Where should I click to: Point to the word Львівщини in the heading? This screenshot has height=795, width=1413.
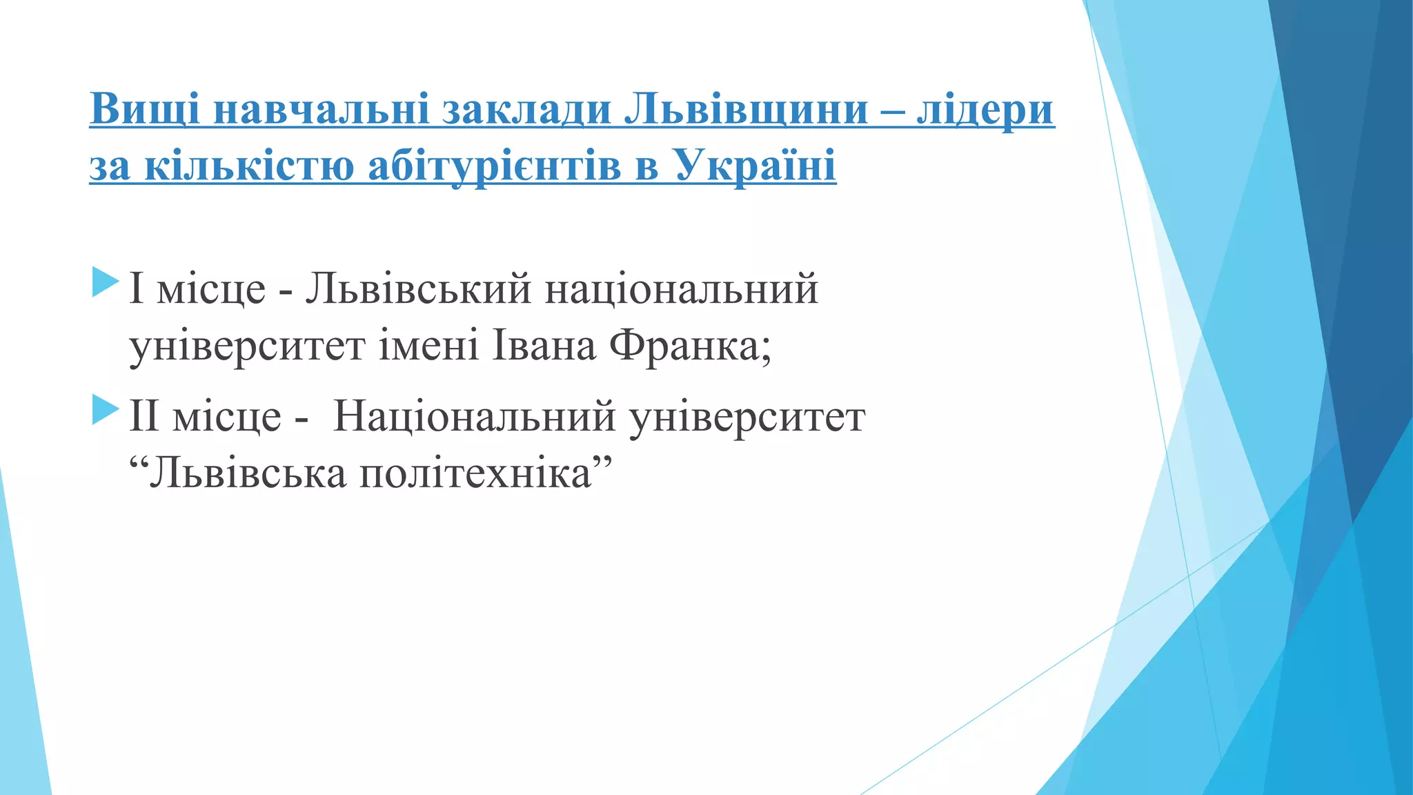point(746,109)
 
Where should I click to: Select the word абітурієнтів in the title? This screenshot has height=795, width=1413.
point(494,166)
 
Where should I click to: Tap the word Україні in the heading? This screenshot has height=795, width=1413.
point(755,166)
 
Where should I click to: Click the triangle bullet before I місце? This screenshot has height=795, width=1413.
point(105,284)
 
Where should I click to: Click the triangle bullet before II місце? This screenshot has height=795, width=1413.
point(105,411)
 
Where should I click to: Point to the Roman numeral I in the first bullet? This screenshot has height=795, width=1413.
point(136,288)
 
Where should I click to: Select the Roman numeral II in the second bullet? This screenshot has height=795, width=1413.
point(144,417)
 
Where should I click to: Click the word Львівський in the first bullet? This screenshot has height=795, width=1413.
point(418,288)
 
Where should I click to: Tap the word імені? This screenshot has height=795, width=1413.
point(428,346)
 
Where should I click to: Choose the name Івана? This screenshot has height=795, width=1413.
point(544,346)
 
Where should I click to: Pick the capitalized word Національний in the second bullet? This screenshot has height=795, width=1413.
point(475,417)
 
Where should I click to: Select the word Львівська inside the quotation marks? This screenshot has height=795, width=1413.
point(248,474)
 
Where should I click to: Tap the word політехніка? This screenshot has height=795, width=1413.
point(476,474)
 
